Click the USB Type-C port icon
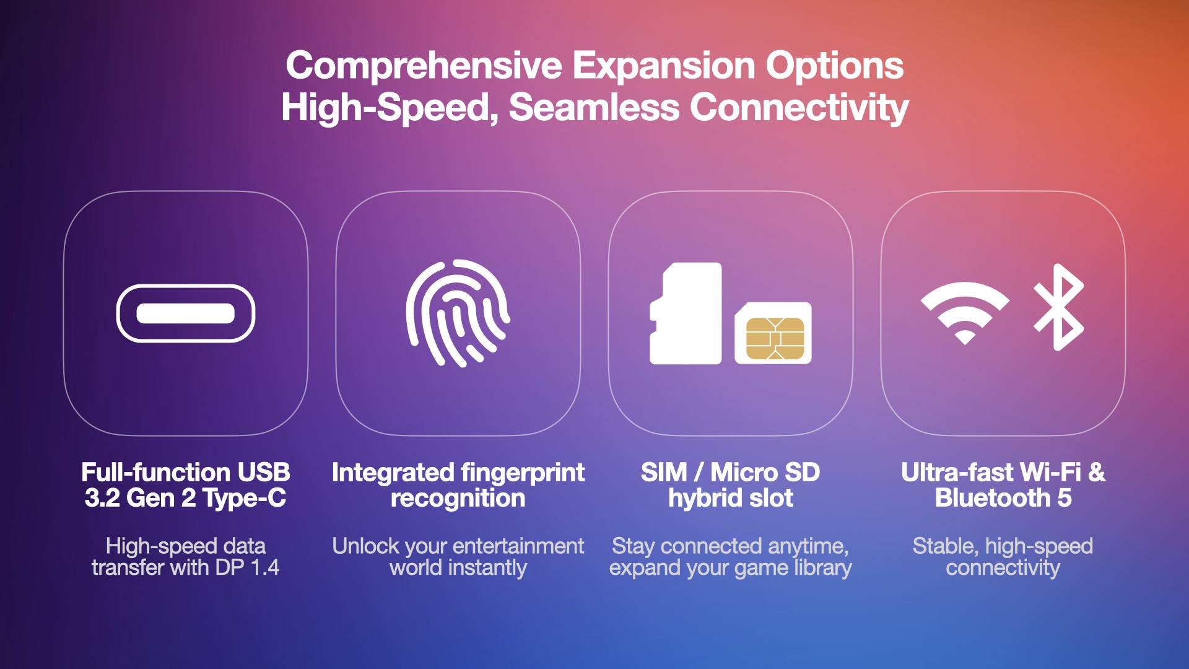[x=185, y=313]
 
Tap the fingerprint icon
[x=458, y=313]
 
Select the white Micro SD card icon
[x=686, y=313]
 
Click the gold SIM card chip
[x=775, y=338]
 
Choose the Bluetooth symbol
[x=1058, y=307]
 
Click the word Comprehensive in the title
[x=424, y=66]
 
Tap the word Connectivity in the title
[x=799, y=107]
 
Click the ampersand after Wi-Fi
[x=1096, y=473]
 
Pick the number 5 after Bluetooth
[x=1065, y=498]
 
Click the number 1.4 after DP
[x=264, y=567]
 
